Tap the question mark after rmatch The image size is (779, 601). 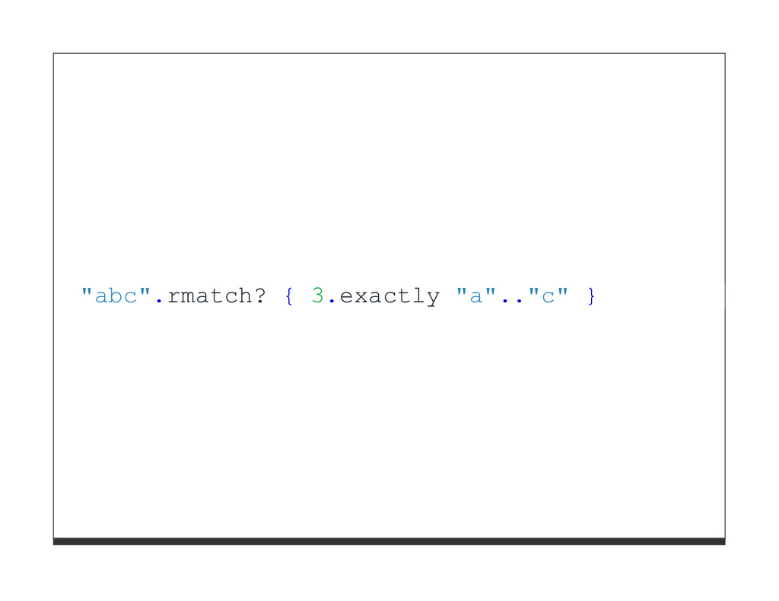pyautogui.click(x=259, y=296)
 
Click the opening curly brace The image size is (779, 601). pyautogui.click(x=289, y=296)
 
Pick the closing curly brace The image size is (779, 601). pyautogui.click(x=590, y=296)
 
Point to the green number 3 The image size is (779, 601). pyautogui.click(x=318, y=296)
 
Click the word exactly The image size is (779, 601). pyautogui.click(x=389, y=296)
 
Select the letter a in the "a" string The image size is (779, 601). pyautogui.click(x=475, y=296)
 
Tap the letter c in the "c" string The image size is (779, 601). pyautogui.click(x=547, y=296)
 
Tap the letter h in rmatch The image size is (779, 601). pyautogui.click(x=245, y=296)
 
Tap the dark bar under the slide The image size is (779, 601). pyautogui.click(x=389, y=541)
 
